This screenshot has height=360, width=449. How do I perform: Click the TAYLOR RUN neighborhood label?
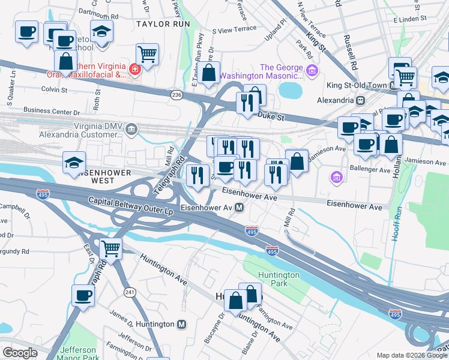pos(163,24)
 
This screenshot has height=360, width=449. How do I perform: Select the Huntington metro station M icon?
pos(182,324)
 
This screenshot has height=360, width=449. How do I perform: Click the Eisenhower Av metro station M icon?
pos(239,208)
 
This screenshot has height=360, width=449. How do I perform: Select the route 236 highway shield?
pos(176,95)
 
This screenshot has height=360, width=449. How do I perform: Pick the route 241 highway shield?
pos(129,292)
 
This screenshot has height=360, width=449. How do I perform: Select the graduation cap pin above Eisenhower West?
pos(74,163)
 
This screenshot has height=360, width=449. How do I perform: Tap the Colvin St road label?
pos(54,89)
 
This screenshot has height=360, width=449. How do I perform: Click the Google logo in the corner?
pos(20,353)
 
